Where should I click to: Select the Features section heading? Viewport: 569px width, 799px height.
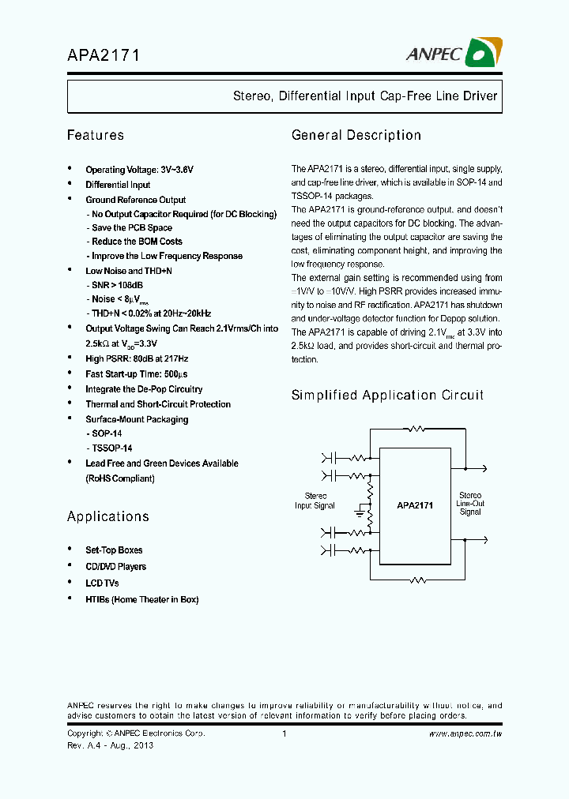pyautogui.click(x=96, y=135)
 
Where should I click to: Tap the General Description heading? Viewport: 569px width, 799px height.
pyautogui.click(x=356, y=135)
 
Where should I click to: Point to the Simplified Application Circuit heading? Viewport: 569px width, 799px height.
pyautogui.click(x=387, y=395)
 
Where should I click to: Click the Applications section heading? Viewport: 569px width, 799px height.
pyautogui.click(x=107, y=516)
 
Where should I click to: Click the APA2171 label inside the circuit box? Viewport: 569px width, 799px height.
pyautogui.click(x=415, y=505)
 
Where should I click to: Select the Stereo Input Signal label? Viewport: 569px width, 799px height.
pyautogui.click(x=315, y=501)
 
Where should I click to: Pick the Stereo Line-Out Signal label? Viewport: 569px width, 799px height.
pyautogui.click(x=470, y=503)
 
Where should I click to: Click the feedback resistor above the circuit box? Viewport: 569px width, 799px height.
pyautogui.click(x=416, y=430)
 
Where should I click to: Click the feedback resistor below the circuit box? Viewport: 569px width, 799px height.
pyautogui.click(x=416, y=580)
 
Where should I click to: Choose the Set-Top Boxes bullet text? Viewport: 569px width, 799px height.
pyautogui.click(x=114, y=550)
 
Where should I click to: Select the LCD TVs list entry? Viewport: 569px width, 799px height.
pyautogui.click(x=102, y=583)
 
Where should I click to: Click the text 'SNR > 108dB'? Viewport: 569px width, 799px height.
pyautogui.click(x=117, y=284)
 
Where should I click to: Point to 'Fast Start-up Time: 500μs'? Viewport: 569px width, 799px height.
pyautogui.click(x=136, y=374)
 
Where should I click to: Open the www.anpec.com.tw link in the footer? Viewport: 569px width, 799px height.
pyautogui.click(x=465, y=733)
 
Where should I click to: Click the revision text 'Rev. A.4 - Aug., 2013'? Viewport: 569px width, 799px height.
pyautogui.click(x=110, y=745)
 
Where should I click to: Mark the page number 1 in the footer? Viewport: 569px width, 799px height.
pyautogui.click(x=284, y=733)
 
